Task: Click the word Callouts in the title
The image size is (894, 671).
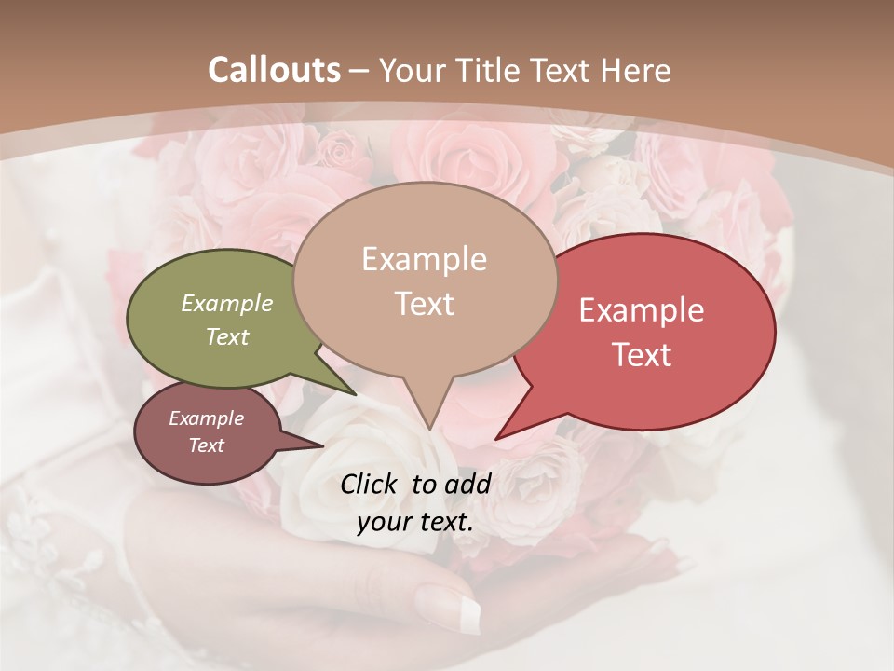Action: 274,70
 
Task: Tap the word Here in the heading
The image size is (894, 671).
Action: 635,70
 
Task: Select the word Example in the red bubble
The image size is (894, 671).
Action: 642,310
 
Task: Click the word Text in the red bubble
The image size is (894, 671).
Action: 642,355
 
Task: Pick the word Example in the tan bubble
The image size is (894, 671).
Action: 424,259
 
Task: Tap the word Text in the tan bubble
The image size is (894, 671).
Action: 424,304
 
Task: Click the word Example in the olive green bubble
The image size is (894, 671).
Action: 227,303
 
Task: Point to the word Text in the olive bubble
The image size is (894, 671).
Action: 227,336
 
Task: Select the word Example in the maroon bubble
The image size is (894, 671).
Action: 206,418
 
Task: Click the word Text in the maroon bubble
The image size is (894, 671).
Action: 206,445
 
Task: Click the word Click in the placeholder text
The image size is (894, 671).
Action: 370,484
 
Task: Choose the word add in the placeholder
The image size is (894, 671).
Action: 469,484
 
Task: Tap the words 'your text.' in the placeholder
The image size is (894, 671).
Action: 414,522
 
